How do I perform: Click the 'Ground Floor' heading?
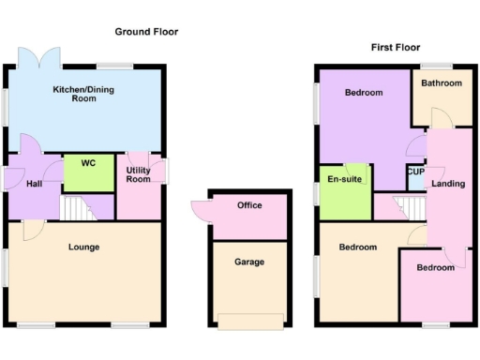(x=146, y=32)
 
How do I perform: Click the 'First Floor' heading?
(x=395, y=47)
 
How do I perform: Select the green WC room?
(x=88, y=171)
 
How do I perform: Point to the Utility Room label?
(x=139, y=173)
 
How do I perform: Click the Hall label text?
(x=33, y=184)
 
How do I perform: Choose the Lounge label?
(x=83, y=247)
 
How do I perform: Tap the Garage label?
(x=249, y=262)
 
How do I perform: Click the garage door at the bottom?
(x=249, y=322)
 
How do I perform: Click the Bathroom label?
(x=442, y=83)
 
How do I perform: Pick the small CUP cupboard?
(x=415, y=174)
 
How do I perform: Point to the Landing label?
(x=448, y=184)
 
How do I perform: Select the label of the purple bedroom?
(x=363, y=93)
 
